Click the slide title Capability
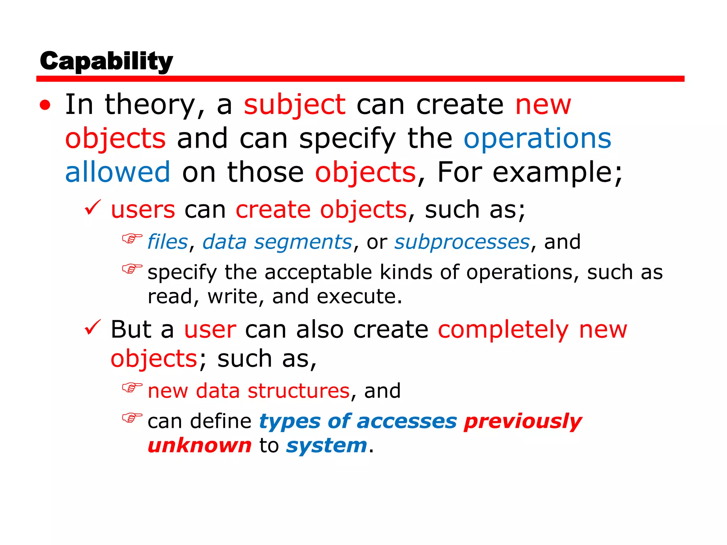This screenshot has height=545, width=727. click(106, 61)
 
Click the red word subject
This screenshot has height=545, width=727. click(294, 105)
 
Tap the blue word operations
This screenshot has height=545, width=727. click(537, 138)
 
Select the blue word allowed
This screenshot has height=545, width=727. click(117, 172)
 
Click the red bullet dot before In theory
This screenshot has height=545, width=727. click(45, 105)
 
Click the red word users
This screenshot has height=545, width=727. click(143, 209)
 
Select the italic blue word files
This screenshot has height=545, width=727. click(167, 242)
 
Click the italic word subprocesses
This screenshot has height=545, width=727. click(462, 243)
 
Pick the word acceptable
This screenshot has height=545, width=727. click(318, 272)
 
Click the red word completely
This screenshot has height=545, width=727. click(503, 330)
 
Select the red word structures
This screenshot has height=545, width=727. click(299, 391)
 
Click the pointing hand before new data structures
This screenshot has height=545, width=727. click(132, 387)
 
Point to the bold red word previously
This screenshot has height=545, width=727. click(523, 422)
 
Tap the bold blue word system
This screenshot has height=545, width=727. click(327, 446)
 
